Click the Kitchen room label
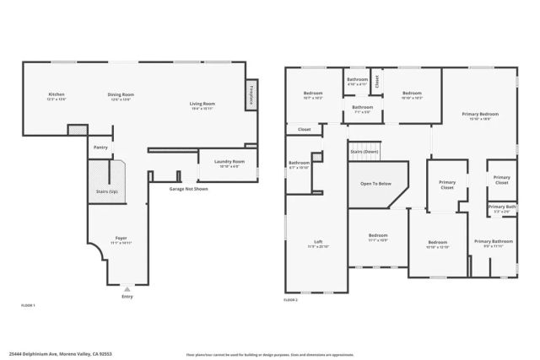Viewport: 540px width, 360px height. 57,95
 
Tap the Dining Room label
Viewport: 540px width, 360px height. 121,95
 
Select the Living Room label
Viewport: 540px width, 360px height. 202,104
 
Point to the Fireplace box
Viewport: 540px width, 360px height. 251,96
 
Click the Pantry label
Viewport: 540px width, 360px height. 100,148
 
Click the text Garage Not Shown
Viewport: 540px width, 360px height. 188,189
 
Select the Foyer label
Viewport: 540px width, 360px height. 121,239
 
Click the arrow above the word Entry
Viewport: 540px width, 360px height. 127,288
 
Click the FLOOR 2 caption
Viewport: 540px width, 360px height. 291,300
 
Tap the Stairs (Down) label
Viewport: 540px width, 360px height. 364,152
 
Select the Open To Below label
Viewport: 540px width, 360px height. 374,183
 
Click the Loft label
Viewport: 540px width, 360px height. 318,244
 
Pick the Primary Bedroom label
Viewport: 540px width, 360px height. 479,115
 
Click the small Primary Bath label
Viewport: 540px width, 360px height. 501,207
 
